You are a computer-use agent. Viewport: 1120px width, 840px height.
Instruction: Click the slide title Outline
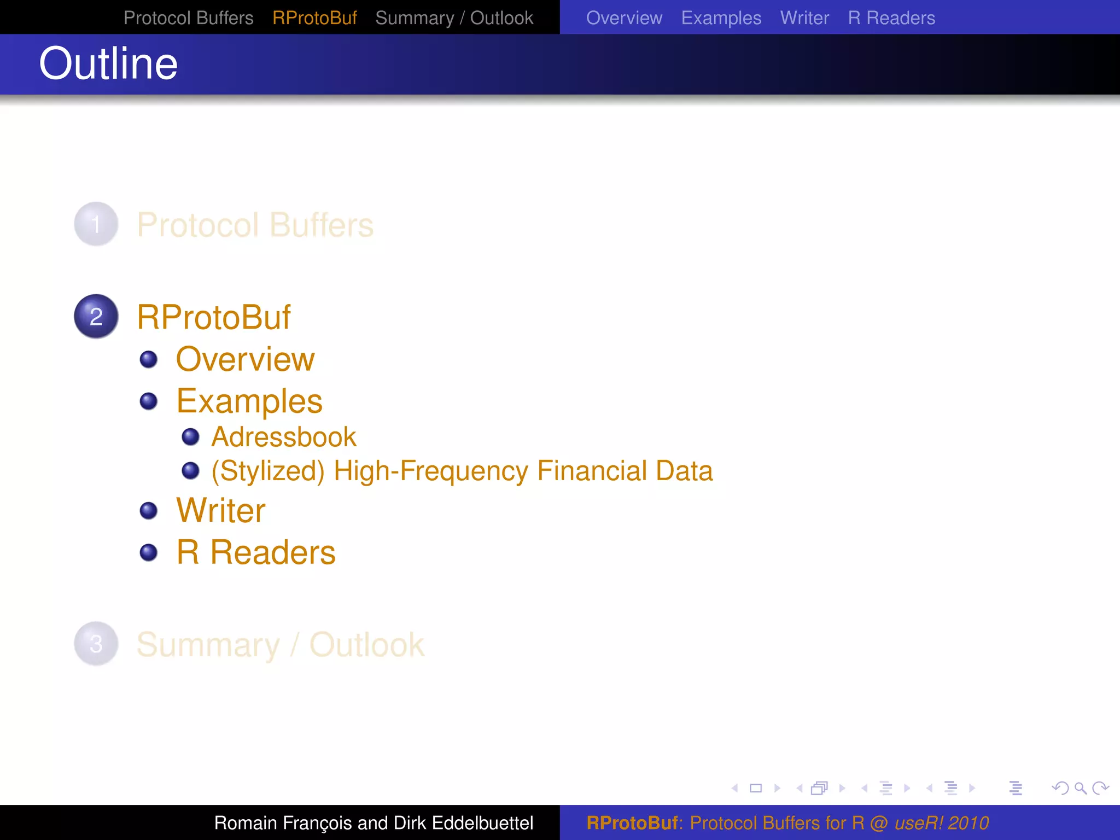(108, 64)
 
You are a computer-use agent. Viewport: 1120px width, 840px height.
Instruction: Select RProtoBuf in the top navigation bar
(314, 18)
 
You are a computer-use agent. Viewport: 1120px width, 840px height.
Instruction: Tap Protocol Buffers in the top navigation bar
(188, 18)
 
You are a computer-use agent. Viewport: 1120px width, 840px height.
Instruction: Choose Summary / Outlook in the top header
(454, 18)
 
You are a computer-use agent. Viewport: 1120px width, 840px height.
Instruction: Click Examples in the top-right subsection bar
(721, 18)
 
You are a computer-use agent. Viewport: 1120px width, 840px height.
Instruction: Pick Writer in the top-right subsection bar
(804, 18)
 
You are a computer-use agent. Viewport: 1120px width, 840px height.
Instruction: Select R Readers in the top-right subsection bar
(891, 18)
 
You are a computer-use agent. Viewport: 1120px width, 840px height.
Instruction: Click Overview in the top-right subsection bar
(624, 18)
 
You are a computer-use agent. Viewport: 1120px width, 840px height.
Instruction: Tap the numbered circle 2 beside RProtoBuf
(96, 317)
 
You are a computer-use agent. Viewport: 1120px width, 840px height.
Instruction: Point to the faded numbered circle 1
(96, 224)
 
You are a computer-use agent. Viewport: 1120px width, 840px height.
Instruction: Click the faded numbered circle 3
(96, 644)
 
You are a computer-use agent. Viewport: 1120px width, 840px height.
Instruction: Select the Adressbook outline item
(283, 437)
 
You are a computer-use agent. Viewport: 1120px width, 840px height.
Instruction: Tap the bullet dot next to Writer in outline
(148, 511)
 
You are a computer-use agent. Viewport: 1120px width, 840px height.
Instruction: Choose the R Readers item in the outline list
(256, 552)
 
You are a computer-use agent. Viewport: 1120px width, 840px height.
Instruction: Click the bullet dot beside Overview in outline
(148, 359)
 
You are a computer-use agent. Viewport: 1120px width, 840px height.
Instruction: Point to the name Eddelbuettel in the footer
(482, 823)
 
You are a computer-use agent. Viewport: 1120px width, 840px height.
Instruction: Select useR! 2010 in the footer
(941, 823)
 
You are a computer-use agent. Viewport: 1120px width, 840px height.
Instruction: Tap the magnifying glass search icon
(1080, 788)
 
